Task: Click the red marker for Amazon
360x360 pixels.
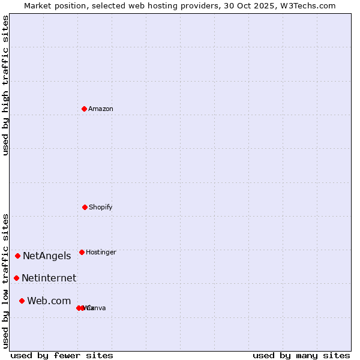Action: (84, 109)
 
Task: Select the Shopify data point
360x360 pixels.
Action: (85, 207)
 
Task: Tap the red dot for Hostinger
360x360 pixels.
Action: (82, 252)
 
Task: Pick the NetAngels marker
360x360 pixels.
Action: (17, 256)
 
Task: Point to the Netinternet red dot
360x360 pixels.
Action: (16, 278)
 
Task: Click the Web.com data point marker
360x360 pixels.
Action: (22, 301)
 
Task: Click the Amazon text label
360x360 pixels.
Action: (101, 109)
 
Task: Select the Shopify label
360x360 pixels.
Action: (101, 207)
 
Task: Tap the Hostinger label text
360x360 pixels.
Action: (101, 252)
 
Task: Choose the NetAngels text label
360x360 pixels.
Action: (47, 256)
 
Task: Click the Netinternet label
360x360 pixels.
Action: (49, 278)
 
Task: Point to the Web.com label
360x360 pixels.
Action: (49, 301)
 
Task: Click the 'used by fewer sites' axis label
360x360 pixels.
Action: (62, 355)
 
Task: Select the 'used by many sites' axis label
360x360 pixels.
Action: (301, 355)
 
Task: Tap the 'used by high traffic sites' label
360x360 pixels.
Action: (5, 85)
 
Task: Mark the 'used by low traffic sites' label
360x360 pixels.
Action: (5, 281)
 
